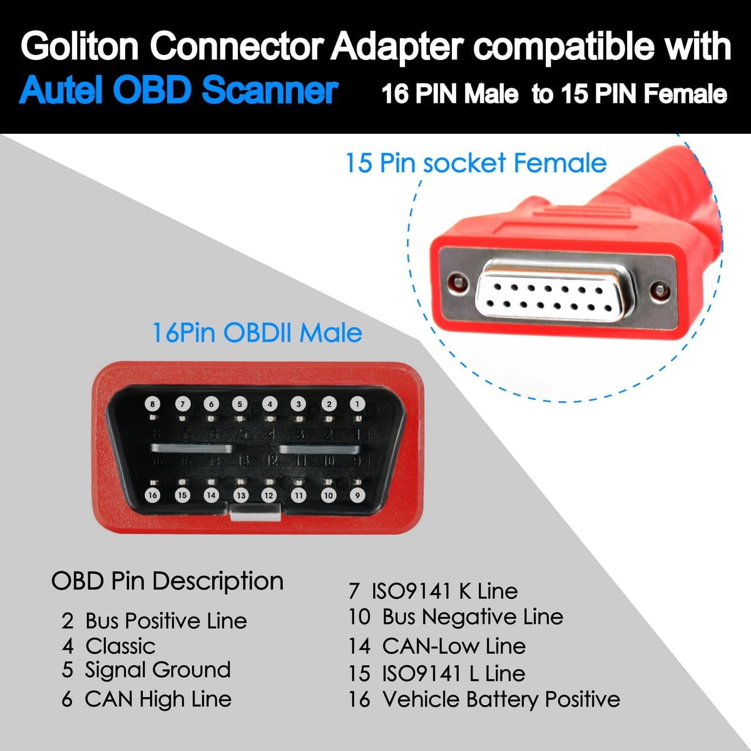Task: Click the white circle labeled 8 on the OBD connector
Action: [153, 404]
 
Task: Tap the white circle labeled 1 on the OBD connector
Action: [357, 404]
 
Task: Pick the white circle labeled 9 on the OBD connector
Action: [357, 495]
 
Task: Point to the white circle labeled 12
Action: [269, 495]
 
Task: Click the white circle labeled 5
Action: [240, 404]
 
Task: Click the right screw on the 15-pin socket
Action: [657, 290]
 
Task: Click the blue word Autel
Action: [63, 91]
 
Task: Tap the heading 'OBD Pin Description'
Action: [167, 581]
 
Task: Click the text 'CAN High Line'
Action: [158, 698]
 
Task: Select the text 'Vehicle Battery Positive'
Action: [501, 698]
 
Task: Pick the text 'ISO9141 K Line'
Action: [444, 591]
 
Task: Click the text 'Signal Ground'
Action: [158, 670]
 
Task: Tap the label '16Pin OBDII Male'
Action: [257, 332]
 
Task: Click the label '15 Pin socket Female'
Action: [476, 163]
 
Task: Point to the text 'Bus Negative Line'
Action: [473, 617]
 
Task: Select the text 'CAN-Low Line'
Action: [454, 646]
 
